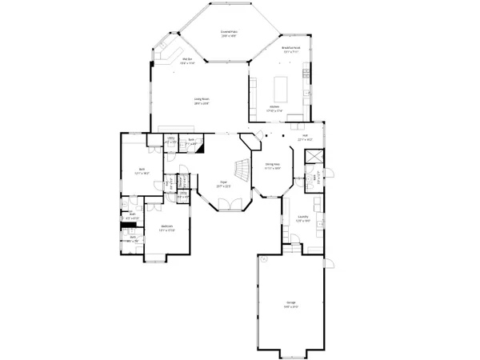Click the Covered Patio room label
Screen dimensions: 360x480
click(228, 32)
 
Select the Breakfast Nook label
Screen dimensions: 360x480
click(291, 47)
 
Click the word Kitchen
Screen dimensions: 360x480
click(274, 106)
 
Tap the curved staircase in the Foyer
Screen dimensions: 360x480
click(239, 169)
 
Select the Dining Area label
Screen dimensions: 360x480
click(272, 164)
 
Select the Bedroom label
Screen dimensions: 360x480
click(166, 226)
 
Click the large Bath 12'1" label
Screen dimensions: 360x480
click(142, 169)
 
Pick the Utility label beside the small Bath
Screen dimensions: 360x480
click(171, 138)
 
